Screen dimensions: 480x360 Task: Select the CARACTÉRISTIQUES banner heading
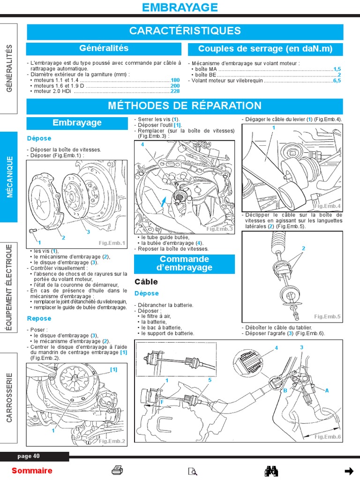pyautogui.click(x=185, y=31)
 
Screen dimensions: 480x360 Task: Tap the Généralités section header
pyautogui.click(x=104, y=48)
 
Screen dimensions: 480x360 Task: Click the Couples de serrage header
pyautogui.click(x=265, y=49)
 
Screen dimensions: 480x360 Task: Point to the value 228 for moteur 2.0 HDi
pyautogui.click(x=175, y=91)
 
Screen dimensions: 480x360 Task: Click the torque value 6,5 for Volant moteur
pyautogui.click(x=337, y=81)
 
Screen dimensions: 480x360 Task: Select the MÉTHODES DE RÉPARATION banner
pyautogui.click(x=185, y=106)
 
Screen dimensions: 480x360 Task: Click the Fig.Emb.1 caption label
pyautogui.click(x=112, y=243)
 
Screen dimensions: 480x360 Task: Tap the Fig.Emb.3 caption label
pyautogui.click(x=219, y=229)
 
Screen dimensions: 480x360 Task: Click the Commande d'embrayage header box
pyautogui.click(x=184, y=263)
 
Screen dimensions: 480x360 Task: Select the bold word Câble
pyautogui.click(x=146, y=282)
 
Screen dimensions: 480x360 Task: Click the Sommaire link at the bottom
pyautogui.click(x=32, y=471)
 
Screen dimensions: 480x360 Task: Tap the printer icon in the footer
pyautogui.click(x=117, y=471)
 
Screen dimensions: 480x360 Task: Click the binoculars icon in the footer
pyautogui.click(x=272, y=471)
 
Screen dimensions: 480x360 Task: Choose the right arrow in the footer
pyautogui.click(x=348, y=471)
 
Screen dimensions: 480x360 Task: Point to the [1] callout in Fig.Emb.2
pyautogui.click(x=113, y=369)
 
